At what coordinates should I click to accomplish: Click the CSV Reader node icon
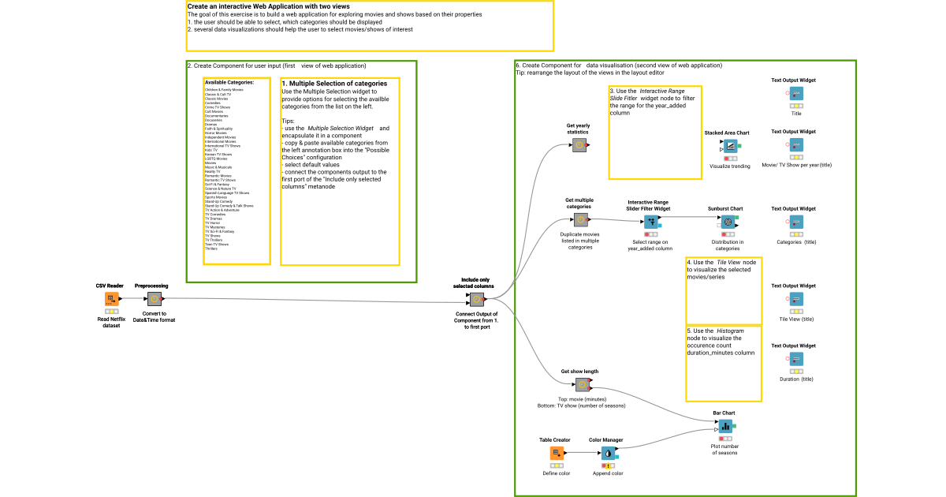point(111,299)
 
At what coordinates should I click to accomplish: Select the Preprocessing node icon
point(155,299)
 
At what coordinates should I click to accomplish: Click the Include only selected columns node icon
point(477,299)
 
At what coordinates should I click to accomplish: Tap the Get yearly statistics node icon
point(579,145)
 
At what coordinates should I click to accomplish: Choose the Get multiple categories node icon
point(580,220)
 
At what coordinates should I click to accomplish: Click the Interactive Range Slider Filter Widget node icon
point(651,222)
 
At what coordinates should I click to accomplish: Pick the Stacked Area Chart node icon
point(729,146)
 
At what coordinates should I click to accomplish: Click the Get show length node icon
point(582,385)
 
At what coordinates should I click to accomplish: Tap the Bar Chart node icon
point(725,426)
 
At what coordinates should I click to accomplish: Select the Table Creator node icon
point(557,453)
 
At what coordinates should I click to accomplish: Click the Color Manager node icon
point(608,453)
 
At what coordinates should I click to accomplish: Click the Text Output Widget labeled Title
point(796,95)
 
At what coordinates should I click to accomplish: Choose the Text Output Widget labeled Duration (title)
point(796,360)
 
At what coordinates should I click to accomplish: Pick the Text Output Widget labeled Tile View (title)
point(796,299)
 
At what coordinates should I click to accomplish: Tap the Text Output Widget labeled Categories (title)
point(796,222)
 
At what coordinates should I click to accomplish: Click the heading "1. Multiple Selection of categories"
point(334,84)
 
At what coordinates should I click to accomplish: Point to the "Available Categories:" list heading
point(229,82)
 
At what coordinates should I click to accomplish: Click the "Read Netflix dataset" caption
point(111,321)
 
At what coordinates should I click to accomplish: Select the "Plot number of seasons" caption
point(724,449)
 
